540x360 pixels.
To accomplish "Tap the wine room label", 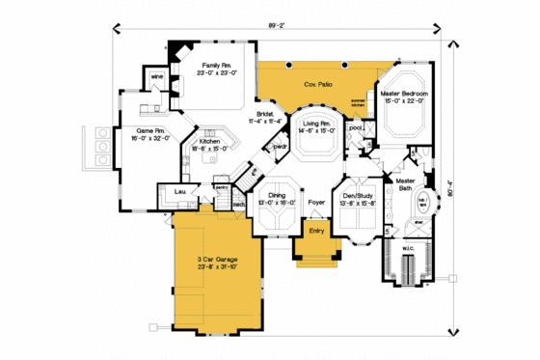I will (x=154, y=75).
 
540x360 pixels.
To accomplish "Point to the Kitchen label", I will (x=210, y=142).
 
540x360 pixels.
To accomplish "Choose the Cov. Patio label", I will (x=319, y=83).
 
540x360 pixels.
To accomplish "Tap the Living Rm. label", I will (x=318, y=124).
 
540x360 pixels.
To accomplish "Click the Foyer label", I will (x=315, y=203).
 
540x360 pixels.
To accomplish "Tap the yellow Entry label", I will (x=316, y=231).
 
